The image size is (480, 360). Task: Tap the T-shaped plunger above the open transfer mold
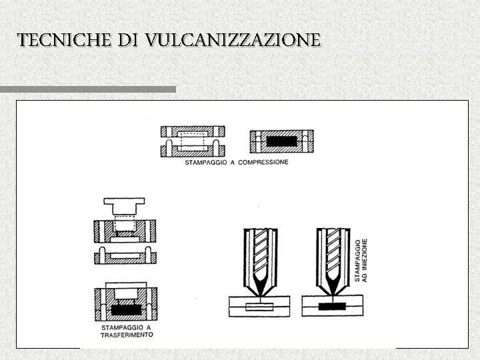point(125,203)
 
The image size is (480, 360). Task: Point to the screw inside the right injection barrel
point(332,253)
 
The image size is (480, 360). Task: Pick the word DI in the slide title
point(128,40)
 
